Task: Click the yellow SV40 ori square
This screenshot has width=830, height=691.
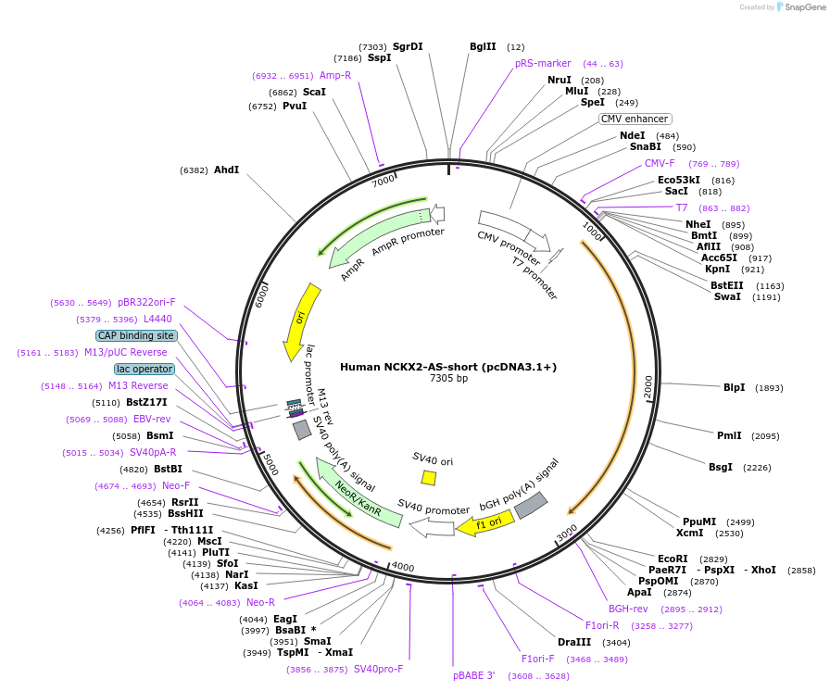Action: click(x=429, y=478)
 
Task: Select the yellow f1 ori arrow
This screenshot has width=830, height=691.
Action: click(x=482, y=524)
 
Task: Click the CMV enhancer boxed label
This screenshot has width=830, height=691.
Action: click(x=635, y=119)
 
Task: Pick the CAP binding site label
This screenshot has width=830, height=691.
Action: click(x=135, y=335)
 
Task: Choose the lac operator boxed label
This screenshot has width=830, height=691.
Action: click(x=145, y=369)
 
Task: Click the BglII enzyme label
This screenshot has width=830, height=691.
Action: click(x=483, y=46)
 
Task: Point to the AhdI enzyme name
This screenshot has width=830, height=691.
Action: click(x=226, y=170)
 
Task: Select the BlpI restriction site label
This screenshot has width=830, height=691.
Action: click(x=734, y=387)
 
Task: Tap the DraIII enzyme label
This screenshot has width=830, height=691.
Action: click(x=574, y=642)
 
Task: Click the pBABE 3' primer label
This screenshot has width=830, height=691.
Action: click(x=474, y=675)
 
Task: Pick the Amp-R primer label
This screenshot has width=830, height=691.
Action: click(x=335, y=75)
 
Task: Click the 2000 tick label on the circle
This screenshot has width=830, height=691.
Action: click(x=648, y=387)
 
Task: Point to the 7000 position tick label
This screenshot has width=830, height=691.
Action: click(x=383, y=182)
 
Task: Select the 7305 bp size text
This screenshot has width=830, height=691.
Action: click(x=448, y=378)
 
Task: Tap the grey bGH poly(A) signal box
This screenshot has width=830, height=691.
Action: click(x=530, y=505)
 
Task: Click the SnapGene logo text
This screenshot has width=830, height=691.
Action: click(x=801, y=7)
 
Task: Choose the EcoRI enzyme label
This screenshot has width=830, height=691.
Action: click(x=673, y=559)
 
